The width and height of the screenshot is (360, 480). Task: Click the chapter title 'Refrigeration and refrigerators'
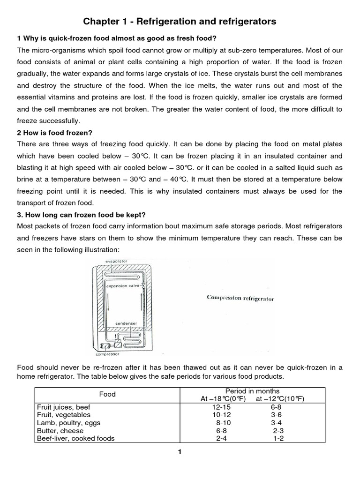click(180, 22)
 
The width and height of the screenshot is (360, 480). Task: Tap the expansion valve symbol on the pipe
click(143, 285)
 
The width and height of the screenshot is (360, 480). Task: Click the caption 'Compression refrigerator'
click(240, 298)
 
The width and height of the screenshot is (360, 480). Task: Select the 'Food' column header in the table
click(107, 394)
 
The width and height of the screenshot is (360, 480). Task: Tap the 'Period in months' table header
click(252, 391)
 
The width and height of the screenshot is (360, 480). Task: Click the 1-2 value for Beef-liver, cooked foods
click(278, 439)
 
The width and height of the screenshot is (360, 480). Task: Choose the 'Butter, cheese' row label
click(60, 431)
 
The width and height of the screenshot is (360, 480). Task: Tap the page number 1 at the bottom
click(180, 452)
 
